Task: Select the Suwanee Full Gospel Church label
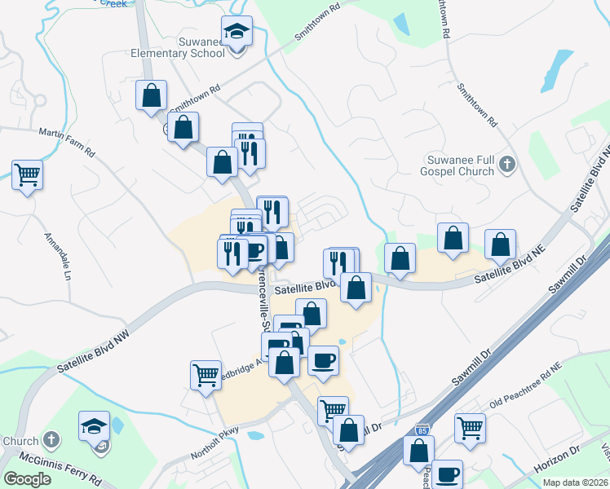pyautogui.click(x=459, y=165)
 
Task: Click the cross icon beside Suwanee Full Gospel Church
pyautogui.click(x=506, y=165)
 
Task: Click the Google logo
pyautogui.click(x=27, y=478)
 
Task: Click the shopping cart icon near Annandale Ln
pyautogui.click(x=28, y=174)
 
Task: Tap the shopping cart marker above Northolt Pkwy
pyautogui.click(x=206, y=376)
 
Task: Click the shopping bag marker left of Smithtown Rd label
pyautogui.click(x=152, y=95)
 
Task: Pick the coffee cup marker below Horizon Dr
pyautogui.click(x=447, y=474)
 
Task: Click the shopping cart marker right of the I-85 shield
pyautogui.click(x=471, y=427)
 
